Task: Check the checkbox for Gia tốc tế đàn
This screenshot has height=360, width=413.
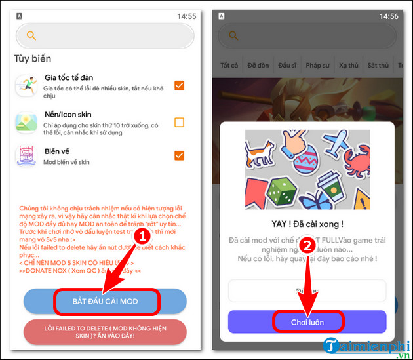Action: click(x=179, y=85)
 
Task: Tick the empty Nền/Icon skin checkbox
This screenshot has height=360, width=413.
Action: click(x=179, y=122)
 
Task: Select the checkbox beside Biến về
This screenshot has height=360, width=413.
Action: click(x=179, y=155)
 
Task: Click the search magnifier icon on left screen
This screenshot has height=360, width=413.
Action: click(x=31, y=36)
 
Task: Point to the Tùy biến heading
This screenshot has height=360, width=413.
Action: click(x=33, y=58)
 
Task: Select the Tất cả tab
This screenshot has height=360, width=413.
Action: click(x=229, y=66)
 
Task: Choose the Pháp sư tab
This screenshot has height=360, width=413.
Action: click(x=317, y=66)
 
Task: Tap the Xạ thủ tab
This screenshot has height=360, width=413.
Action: click(x=348, y=66)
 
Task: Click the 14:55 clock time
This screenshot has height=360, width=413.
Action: click(x=186, y=16)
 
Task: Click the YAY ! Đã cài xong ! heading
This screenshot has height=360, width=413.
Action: click(x=307, y=222)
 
